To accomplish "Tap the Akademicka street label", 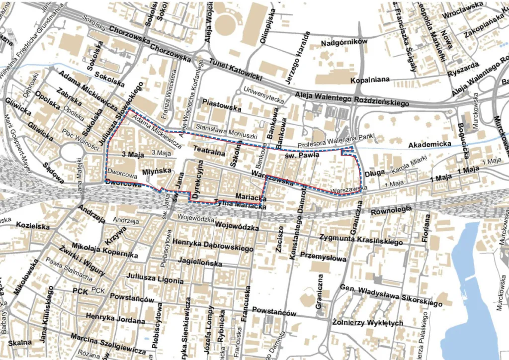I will pos(429,144).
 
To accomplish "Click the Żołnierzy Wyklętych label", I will pos(367,323).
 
